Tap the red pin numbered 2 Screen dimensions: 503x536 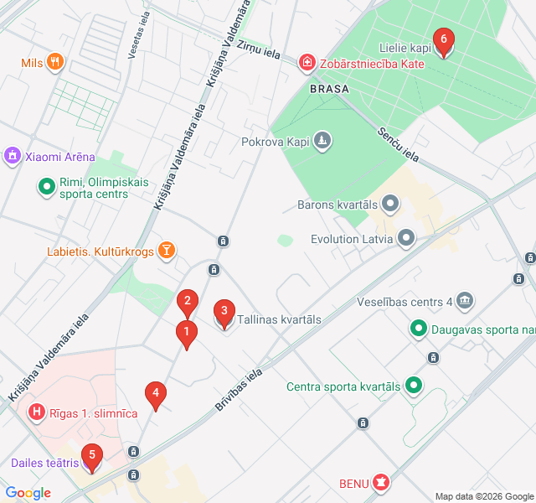click(188, 301)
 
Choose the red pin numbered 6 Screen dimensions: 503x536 click(443, 40)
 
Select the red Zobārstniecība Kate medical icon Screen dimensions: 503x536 click(308, 63)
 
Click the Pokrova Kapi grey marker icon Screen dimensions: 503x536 click(323, 142)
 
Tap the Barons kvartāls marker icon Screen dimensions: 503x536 click(390, 204)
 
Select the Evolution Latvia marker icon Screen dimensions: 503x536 click(406, 238)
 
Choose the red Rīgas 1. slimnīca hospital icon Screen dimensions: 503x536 click(37, 412)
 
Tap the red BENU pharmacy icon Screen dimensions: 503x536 click(382, 482)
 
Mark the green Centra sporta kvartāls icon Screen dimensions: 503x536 click(413, 386)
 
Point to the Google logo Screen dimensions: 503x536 click(28, 493)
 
